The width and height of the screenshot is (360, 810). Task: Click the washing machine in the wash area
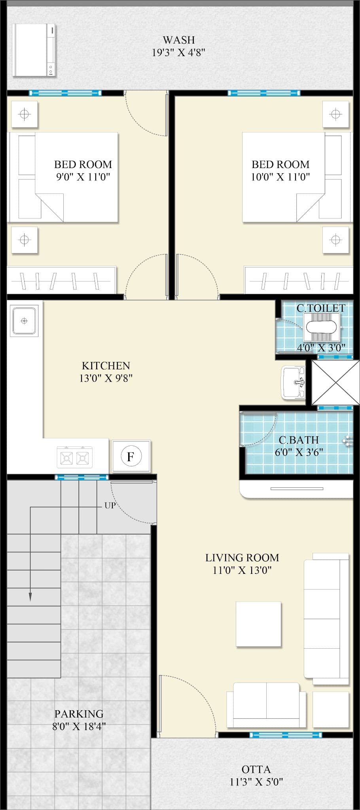coord(34,50)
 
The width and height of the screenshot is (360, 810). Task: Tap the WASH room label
coord(179,40)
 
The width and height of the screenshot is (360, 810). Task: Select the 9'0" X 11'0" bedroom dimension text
coord(83,177)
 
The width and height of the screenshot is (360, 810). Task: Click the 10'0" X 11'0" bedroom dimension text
coord(280,177)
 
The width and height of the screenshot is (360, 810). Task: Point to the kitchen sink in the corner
coord(24,321)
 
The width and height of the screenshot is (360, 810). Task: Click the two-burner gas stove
coord(74,458)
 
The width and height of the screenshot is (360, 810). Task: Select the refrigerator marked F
coord(131,456)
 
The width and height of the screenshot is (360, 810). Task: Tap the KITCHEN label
coord(106,365)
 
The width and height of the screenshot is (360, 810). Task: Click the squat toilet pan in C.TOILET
coord(322,327)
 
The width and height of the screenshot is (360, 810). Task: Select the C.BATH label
coord(299,440)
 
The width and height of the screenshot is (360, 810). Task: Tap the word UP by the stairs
coord(110,505)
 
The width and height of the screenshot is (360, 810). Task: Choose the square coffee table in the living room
coord(259,625)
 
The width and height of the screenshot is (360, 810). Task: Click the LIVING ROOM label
coord(242,558)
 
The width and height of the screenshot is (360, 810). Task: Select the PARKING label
coord(79,714)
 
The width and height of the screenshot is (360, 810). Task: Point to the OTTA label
coord(256,769)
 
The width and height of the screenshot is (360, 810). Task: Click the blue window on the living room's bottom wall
coord(286,735)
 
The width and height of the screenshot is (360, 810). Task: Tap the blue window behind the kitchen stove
coord(81,477)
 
